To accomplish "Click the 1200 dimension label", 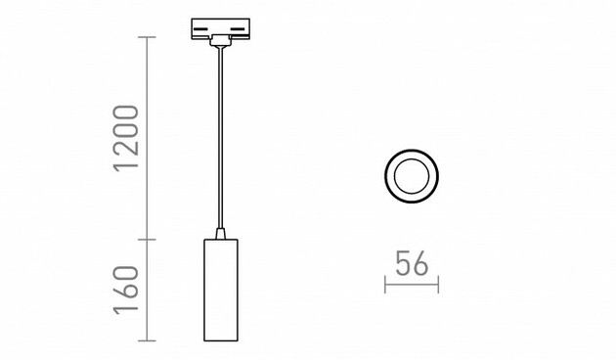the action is (x=126, y=138).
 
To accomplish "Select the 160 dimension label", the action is (x=126, y=291).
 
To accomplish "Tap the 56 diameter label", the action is (x=412, y=263).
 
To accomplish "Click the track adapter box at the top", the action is (x=220, y=28).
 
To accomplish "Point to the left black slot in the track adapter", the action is (x=202, y=29).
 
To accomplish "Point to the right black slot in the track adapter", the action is (x=238, y=29).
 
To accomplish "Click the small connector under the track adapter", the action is (x=220, y=41).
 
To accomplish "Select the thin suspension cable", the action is (x=220, y=138).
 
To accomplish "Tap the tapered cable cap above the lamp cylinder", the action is (x=220, y=234).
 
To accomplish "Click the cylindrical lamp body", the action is (x=221, y=290).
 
